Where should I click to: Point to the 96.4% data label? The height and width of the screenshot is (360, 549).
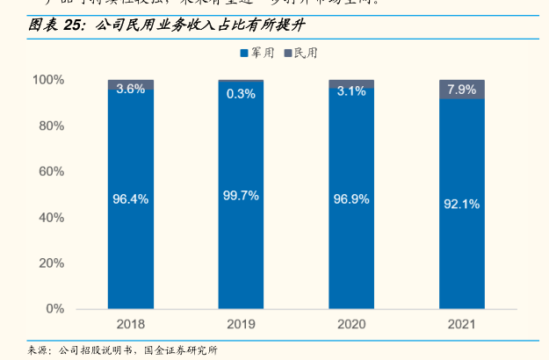tap(131, 198)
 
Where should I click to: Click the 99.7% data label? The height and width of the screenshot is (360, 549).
tap(241, 196)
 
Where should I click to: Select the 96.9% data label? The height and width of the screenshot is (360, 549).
tap(351, 199)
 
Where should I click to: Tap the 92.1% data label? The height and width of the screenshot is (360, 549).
tap(462, 204)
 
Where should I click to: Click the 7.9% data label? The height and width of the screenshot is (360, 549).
tap(462, 90)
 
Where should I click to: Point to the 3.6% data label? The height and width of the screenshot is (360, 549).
tap(131, 89)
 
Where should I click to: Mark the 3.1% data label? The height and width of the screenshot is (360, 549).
tap(351, 90)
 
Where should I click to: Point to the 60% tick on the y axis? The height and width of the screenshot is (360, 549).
tap(49, 172)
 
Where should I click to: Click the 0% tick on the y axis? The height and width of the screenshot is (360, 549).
tap(54, 309)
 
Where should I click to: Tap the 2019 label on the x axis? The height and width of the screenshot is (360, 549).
tap(241, 324)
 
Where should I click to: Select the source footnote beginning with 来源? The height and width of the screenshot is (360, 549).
tap(123, 349)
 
